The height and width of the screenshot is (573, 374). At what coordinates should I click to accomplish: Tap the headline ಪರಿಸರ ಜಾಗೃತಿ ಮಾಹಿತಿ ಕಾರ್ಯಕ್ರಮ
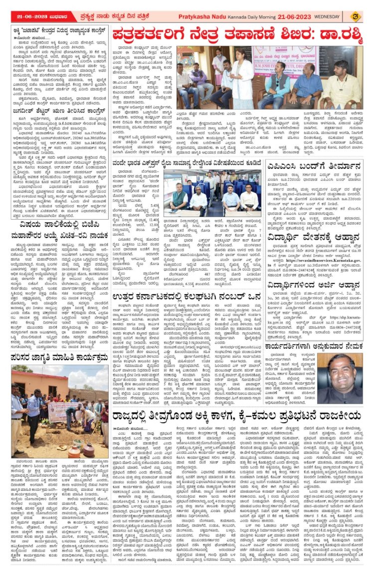click(60, 343)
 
